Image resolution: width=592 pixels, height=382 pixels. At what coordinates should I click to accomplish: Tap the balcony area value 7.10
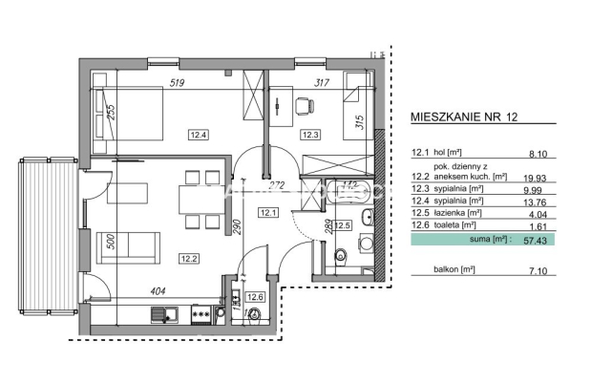(541, 271)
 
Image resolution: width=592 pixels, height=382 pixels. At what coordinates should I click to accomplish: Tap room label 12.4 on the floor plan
(198, 135)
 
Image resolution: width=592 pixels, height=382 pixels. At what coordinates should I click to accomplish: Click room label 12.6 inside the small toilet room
(254, 297)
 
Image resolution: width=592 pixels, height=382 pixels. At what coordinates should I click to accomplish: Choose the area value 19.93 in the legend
(538, 177)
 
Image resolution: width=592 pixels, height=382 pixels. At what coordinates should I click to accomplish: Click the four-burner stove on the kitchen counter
(201, 312)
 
